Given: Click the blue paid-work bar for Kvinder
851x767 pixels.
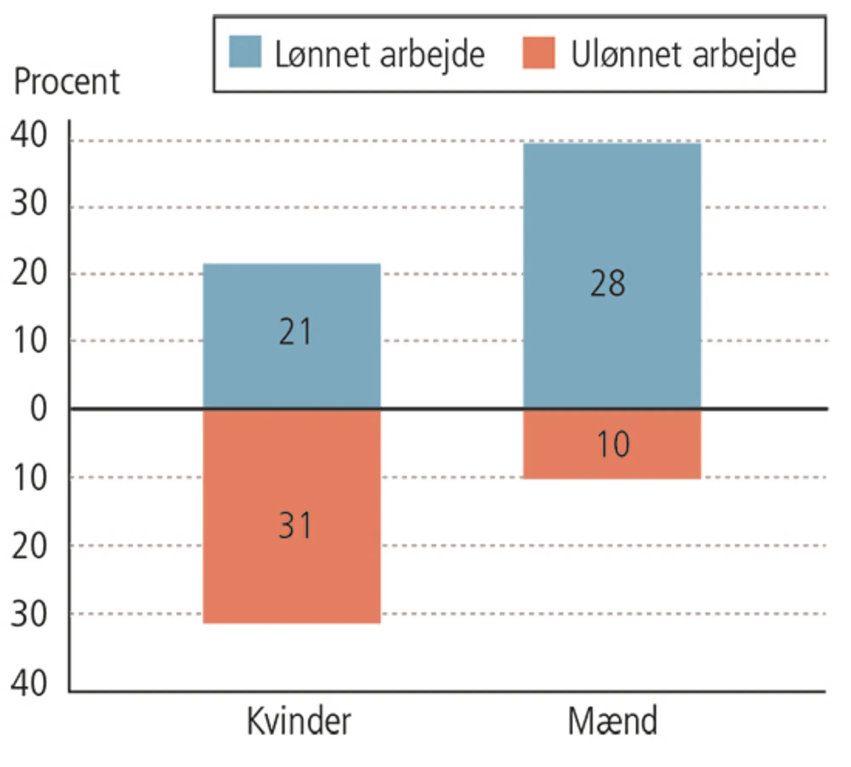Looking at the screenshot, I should (x=291, y=374).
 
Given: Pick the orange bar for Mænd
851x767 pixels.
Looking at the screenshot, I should (x=612, y=463).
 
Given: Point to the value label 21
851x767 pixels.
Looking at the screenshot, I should (x=295, y=332).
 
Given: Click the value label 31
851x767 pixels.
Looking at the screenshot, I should (x=295, y=526).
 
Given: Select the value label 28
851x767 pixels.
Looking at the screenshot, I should (x=608, y=284).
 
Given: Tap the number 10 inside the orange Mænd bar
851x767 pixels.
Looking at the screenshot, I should (x=613, y=444).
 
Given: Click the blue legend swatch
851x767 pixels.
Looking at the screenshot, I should (x=245, y=52).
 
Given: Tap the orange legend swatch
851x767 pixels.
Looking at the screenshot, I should (x=539, y=53).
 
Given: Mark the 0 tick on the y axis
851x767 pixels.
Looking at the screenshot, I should (x=38, y=409).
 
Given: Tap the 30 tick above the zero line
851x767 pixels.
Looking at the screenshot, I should (x=29, y=203).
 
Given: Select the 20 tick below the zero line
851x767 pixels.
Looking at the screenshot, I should (x=29, y=547).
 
